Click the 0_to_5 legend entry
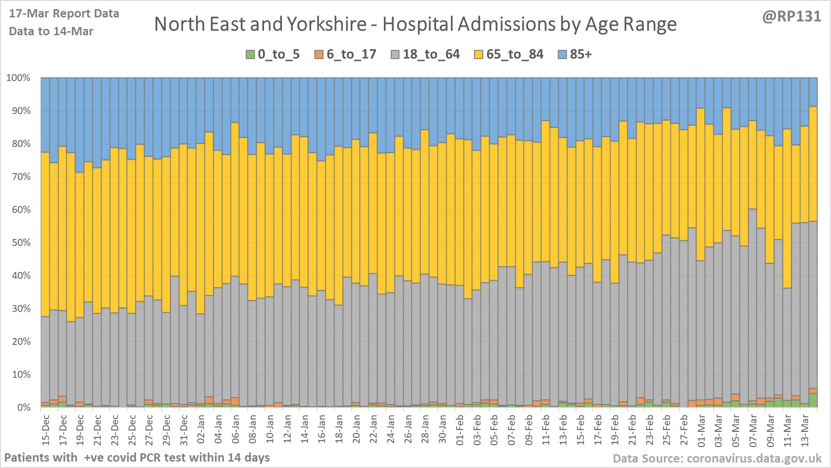click(273, 54)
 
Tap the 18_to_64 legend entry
click(426, 54)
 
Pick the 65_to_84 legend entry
click(509, 54)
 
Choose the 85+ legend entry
click(575, 54)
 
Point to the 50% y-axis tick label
click(18, 243)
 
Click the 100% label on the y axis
click(18, 78)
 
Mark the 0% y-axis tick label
click(21, 408)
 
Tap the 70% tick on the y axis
click(18, 177)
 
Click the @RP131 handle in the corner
click(791, 16)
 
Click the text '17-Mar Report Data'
click(64, 14)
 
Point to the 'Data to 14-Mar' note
click(51, 32)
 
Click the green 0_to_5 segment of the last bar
click(813, 400)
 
